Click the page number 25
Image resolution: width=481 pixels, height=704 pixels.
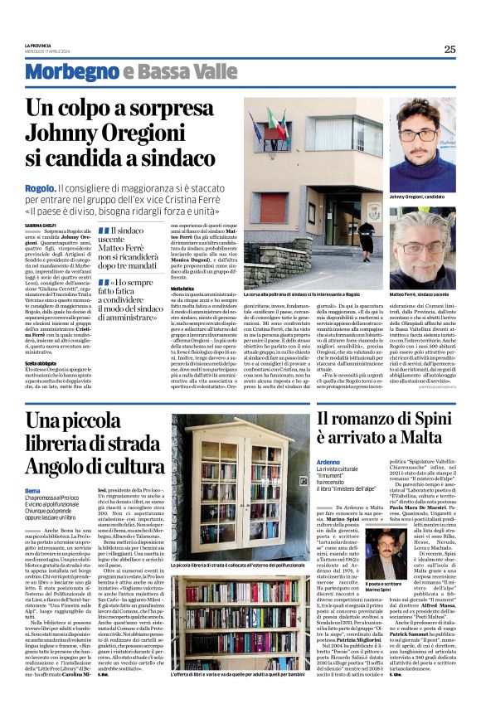click(x=449, y=49)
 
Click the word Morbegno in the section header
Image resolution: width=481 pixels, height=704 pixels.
click(x=66, y=72)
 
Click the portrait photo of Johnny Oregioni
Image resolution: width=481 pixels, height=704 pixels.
click(x=425, y=143)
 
